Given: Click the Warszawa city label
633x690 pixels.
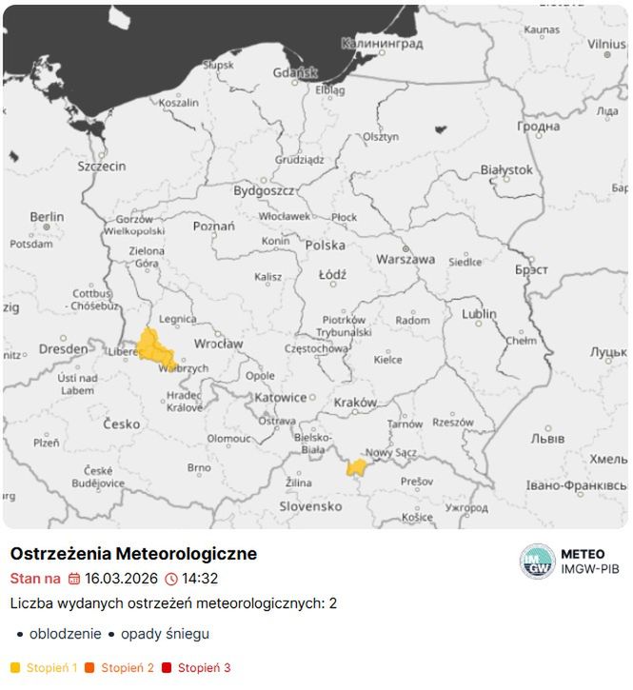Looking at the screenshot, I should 406,259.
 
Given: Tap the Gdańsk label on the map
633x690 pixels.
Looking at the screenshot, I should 295,72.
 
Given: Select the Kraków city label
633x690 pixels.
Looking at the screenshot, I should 355,403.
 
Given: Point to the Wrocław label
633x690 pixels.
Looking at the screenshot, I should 218,344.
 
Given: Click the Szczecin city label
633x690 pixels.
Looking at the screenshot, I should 102,166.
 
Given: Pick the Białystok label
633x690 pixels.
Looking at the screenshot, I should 506,169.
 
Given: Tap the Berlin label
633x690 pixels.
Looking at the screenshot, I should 47,217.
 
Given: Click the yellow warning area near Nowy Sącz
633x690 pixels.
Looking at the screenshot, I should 357,467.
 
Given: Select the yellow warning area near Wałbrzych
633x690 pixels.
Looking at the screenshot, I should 152,347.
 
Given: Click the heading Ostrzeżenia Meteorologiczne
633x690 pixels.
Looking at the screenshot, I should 133,553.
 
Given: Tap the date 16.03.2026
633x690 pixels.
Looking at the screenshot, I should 121,578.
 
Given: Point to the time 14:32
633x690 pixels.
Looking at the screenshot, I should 200,578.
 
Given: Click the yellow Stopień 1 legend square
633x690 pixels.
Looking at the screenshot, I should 15,668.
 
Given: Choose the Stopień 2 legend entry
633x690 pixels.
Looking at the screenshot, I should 127,668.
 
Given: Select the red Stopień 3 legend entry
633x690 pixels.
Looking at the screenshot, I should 204,668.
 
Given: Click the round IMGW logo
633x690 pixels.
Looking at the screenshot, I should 537,562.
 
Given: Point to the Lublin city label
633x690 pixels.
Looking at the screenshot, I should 480,314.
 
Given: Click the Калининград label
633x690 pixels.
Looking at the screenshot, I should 382,44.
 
